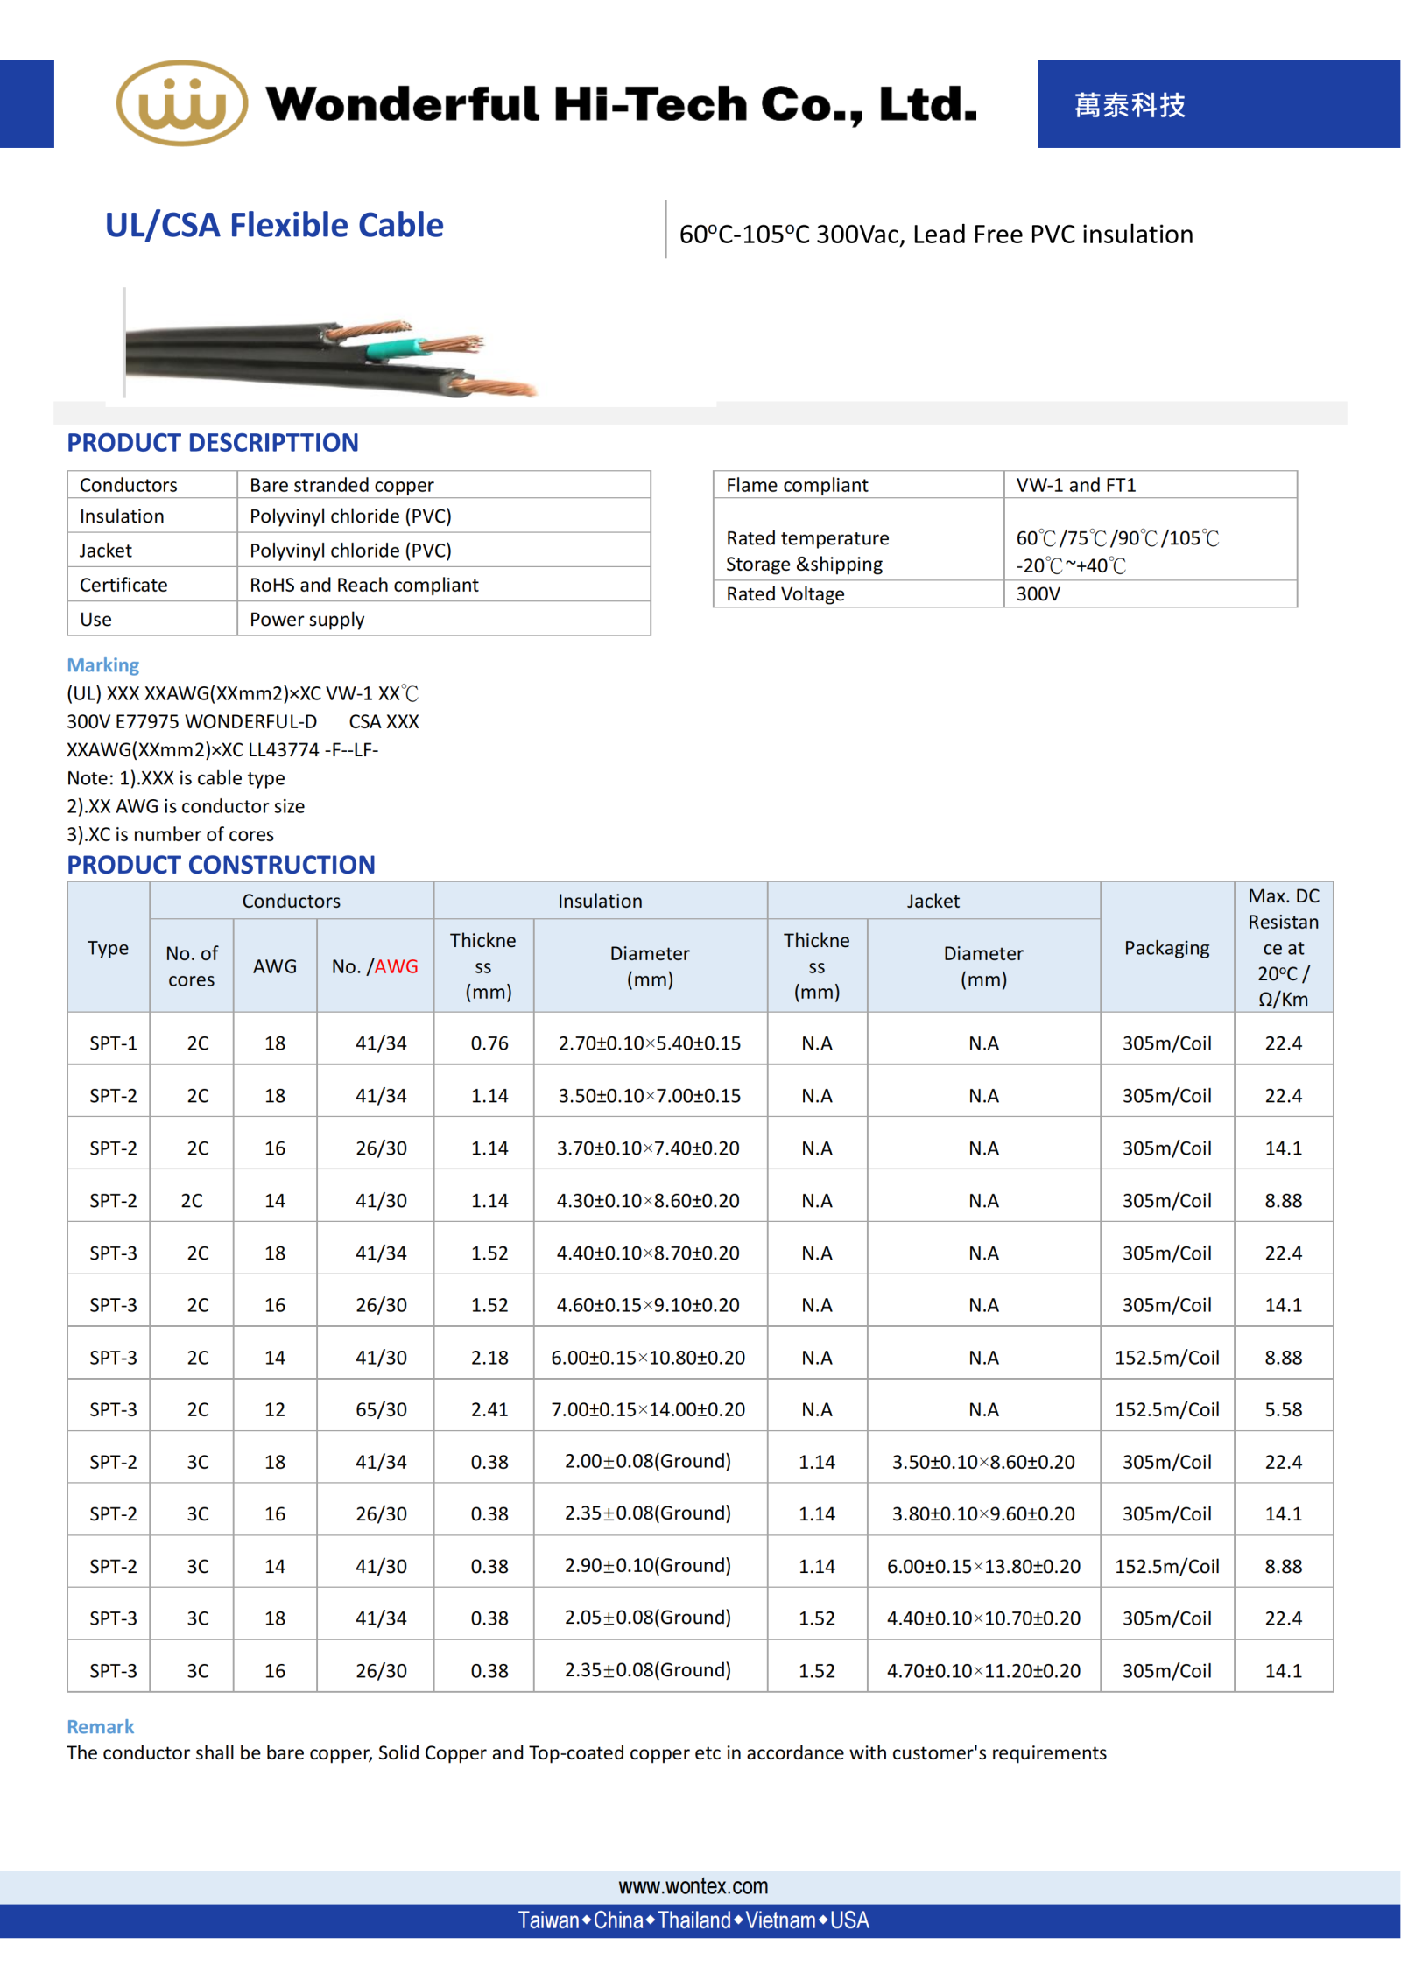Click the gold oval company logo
pos(181,103)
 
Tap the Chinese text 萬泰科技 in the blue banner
pos(1129,105)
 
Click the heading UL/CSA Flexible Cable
pos(274,225)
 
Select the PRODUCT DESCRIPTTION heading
pos(213,443)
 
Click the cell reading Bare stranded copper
pos(341,485)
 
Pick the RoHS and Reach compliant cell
pos(363,585)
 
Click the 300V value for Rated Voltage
pos(1038,594)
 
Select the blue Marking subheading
pos(102,665)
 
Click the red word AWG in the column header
pos(396,966)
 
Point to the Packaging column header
pos(1166,948)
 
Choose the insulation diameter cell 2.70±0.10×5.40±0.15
pos(649,1043)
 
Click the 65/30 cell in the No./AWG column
pos(381,1409)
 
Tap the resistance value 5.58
pos(1283,1409)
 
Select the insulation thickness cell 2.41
pos(489,1409)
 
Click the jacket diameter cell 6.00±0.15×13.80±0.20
pos(982,1566)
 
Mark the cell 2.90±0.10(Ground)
pos(647,1565)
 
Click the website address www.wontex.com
pos(693,1886)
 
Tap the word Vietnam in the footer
pos(780,1920)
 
